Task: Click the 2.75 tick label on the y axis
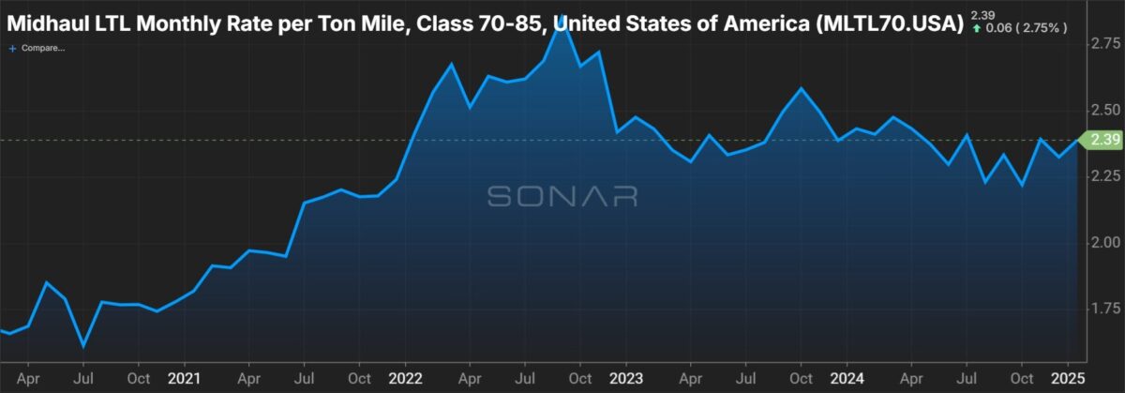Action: pyautogui.click(x=1105, y=44)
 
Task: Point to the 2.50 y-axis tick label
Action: pyautogui.click(x=1105, y=110)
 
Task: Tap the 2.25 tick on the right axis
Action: pyautogui.click(x=1105, y=176)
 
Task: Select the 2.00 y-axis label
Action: pyautogui.click(x=1105, y=243)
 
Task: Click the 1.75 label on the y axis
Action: pyautogui.click(x=1105, y=309)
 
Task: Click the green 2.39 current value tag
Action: pyautogui.click(x=1101, y=139)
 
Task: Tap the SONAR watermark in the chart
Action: pyautogui.click(x=562, y=196)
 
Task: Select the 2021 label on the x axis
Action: pyautogui.click(x=185, y=378)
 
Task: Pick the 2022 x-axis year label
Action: pyautogui.click(x=405, y=378)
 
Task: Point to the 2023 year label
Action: pyautogui.click(x=626, y=378)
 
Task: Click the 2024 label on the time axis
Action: pyautogui.click(x=847, y=378)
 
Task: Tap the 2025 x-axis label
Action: pyautogui.click(x=1068, y=378)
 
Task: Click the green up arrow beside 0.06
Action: pyautogui.click(x=977, y=29)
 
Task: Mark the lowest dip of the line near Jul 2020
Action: pyautogui.click(x=82, y=346)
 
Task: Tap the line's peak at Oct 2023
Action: pyautogui.click(x=801, y=88)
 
